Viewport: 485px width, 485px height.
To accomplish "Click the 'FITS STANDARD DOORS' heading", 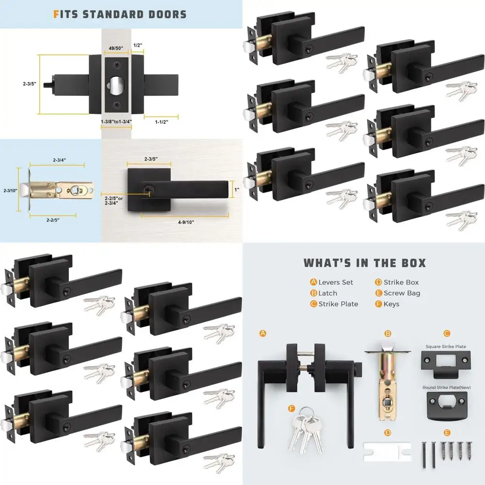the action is [120, 15].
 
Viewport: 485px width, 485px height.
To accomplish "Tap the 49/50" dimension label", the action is [116, 48].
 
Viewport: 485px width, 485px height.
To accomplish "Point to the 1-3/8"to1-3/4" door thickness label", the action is [116, 122].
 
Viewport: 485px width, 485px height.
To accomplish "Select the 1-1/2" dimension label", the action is [162, 122].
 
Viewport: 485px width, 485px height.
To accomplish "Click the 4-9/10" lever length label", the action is [186, 222].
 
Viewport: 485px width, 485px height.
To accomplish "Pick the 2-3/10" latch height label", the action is [10, 191].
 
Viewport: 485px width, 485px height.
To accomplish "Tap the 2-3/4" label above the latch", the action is [59, 160].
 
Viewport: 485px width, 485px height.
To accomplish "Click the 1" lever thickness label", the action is [237, 189].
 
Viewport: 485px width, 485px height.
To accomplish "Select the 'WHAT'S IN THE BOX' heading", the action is [365, 263].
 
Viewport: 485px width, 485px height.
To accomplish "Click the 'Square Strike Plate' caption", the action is [446, 346].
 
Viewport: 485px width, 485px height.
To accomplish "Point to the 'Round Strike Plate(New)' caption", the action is [446, 387].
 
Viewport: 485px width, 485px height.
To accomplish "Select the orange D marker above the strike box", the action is [388, 433].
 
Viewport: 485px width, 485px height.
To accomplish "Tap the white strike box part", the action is [387, 452].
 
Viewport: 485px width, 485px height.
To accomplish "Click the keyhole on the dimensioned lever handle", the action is [147, 188].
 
